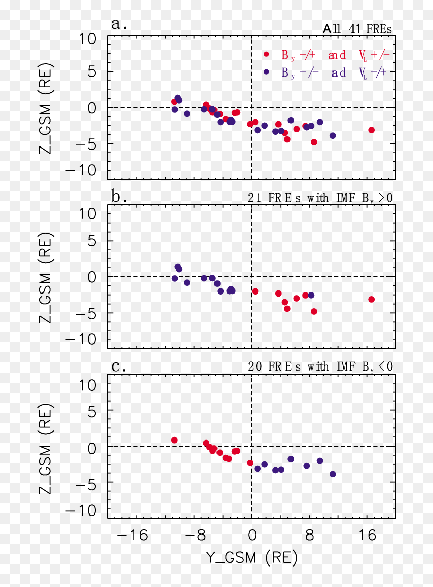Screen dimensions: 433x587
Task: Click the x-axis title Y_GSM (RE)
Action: pyautogui.click(x=251, y=558)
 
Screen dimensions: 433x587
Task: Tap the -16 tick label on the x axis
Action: pyautogui.click(x=132, y=535)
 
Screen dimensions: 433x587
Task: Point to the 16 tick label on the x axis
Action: pyautogui.click(x=367, y=535)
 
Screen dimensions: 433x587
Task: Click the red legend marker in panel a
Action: pyautogui.click(x=266, y=54)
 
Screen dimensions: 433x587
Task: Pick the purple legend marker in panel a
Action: pyautogui.click(x=266, y=71)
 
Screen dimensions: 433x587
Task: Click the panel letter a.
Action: pyautogui.click(x=119, y=24)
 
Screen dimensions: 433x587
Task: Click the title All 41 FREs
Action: pyautogui.click(x=357, y=29)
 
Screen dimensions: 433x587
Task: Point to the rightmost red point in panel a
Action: pyautogui.click(x=371, y=130)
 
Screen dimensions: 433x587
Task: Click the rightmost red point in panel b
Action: pyautogui.click(x=371, y=299)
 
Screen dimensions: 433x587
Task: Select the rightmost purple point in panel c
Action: pyautogui.click(x=333, y=474)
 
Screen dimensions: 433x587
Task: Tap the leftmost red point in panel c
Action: pyautogui.click(x=174, y=440)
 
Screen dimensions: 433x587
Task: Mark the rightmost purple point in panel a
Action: pyautogui.click(x=333, y=135)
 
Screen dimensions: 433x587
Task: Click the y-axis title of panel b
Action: pyautogui.click(x=46, y=277)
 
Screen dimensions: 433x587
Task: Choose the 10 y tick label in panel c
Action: pyautogui.click(x=87, y=385)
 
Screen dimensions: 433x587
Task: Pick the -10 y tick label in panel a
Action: pyautogui.click(x=81, y=171)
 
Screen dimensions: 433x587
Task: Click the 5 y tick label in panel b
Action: pyautogui.click(x=92, y=241)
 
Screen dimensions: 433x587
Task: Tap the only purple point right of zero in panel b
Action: pyautogui.click(x=311, y=296)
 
